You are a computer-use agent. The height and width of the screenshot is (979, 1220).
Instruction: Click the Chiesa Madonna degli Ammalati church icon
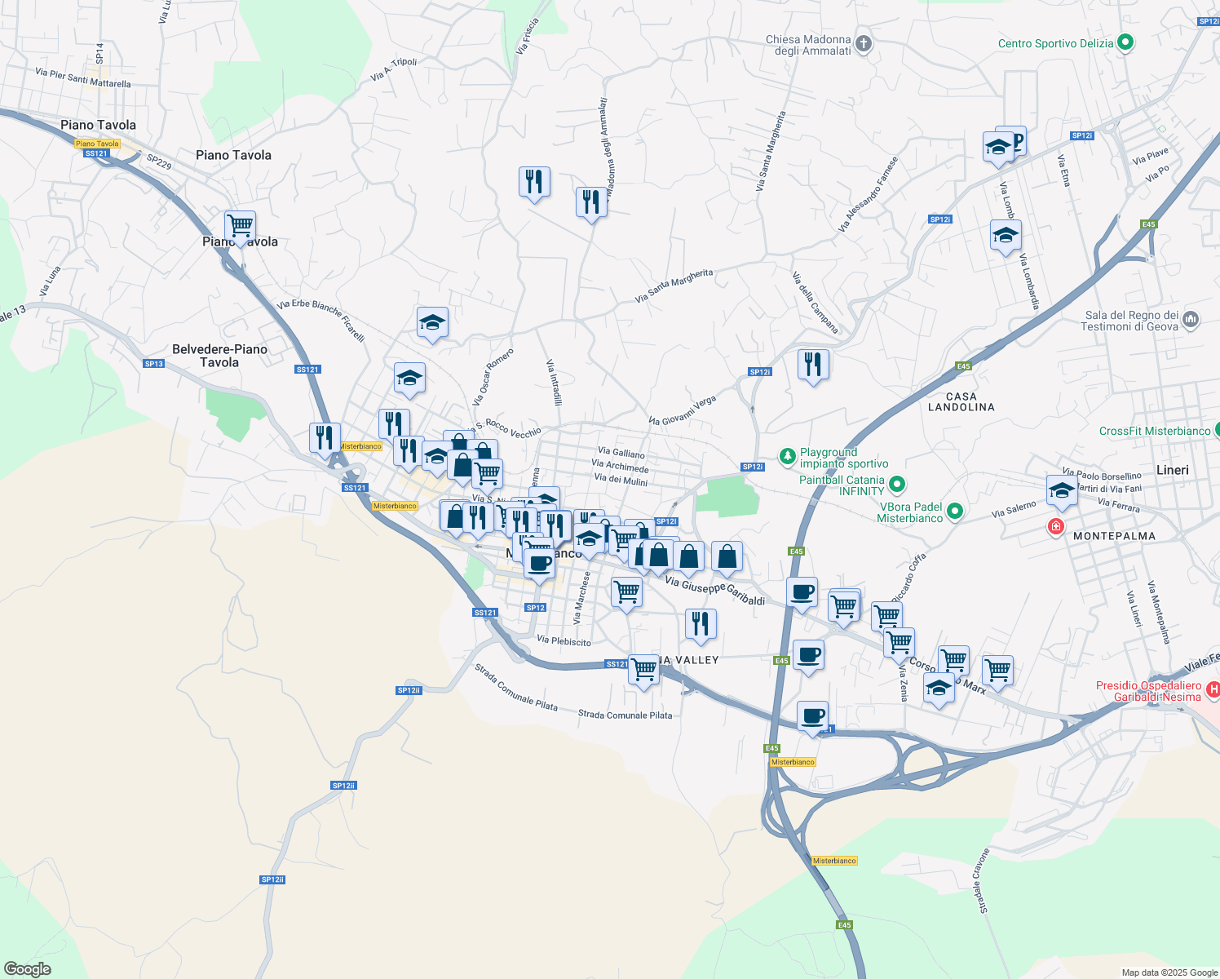point(864,43)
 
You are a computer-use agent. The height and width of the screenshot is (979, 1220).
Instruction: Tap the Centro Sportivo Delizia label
point(1055,43)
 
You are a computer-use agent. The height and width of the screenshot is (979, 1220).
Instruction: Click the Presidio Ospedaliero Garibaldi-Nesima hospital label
point(1148,692)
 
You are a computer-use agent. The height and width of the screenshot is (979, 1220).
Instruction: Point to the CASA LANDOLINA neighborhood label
point(961,402)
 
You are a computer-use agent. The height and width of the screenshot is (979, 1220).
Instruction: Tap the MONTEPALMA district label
point(1114,536)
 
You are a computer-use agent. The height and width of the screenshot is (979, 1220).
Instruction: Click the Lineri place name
point(1173,470)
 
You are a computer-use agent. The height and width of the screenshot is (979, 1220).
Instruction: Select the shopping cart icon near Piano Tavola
point(240,225)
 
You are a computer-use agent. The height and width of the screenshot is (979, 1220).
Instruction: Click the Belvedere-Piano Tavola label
point(219,356)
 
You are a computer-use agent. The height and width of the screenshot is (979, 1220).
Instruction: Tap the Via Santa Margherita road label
point(674,286)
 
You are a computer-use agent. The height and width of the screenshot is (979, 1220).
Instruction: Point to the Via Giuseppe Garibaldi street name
point(715,591)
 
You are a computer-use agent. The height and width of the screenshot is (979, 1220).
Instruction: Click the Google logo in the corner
point(28,969)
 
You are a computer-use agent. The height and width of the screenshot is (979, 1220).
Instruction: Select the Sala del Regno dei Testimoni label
point(1130,321)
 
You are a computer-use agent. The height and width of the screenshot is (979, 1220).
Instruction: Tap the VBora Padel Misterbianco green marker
point(954,512)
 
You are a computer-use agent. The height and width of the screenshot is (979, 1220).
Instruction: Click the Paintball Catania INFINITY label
point(842,485)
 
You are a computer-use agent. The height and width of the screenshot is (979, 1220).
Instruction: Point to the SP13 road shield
point(153,364)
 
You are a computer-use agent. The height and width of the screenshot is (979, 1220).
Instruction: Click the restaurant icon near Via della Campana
point(812,364)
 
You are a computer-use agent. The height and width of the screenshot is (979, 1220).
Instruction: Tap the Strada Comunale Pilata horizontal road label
point(625,715)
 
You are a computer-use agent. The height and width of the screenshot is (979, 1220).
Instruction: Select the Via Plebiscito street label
point(564,641)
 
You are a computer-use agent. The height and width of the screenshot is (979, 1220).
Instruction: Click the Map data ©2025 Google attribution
point(1169,972)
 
